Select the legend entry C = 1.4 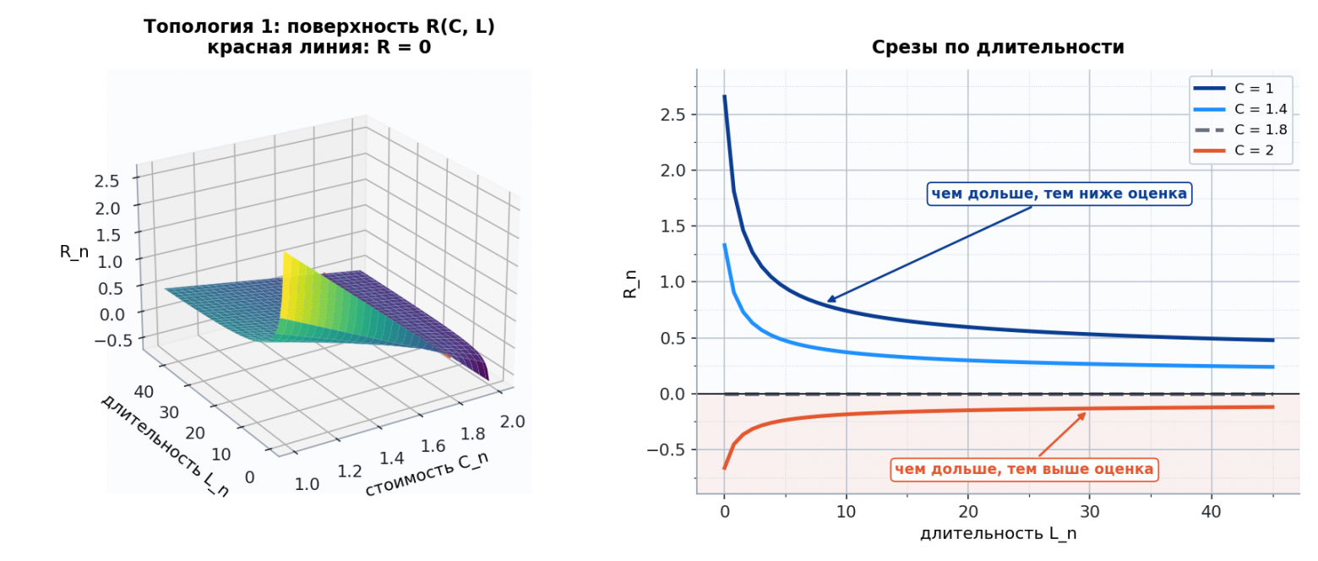pos(1239,109)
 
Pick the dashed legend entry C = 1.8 pos(1239,129)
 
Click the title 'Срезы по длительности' pos(998,47)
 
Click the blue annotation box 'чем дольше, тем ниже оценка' pos(1059,193)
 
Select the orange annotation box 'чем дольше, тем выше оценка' pos(1024,469)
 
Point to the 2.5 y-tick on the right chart pos(673,114)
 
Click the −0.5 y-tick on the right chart pos(667,449)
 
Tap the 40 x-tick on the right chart pos(1212,511)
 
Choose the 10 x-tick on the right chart pos(846,511)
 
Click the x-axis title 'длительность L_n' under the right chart pos(998,533)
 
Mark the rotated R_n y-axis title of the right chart pos(630,284)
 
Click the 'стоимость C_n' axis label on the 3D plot pos(427,474)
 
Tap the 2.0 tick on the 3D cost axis pos(512,422)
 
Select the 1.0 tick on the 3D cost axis pos(307,484)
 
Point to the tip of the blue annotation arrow pos(828,302)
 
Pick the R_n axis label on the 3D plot pos(74,253)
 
